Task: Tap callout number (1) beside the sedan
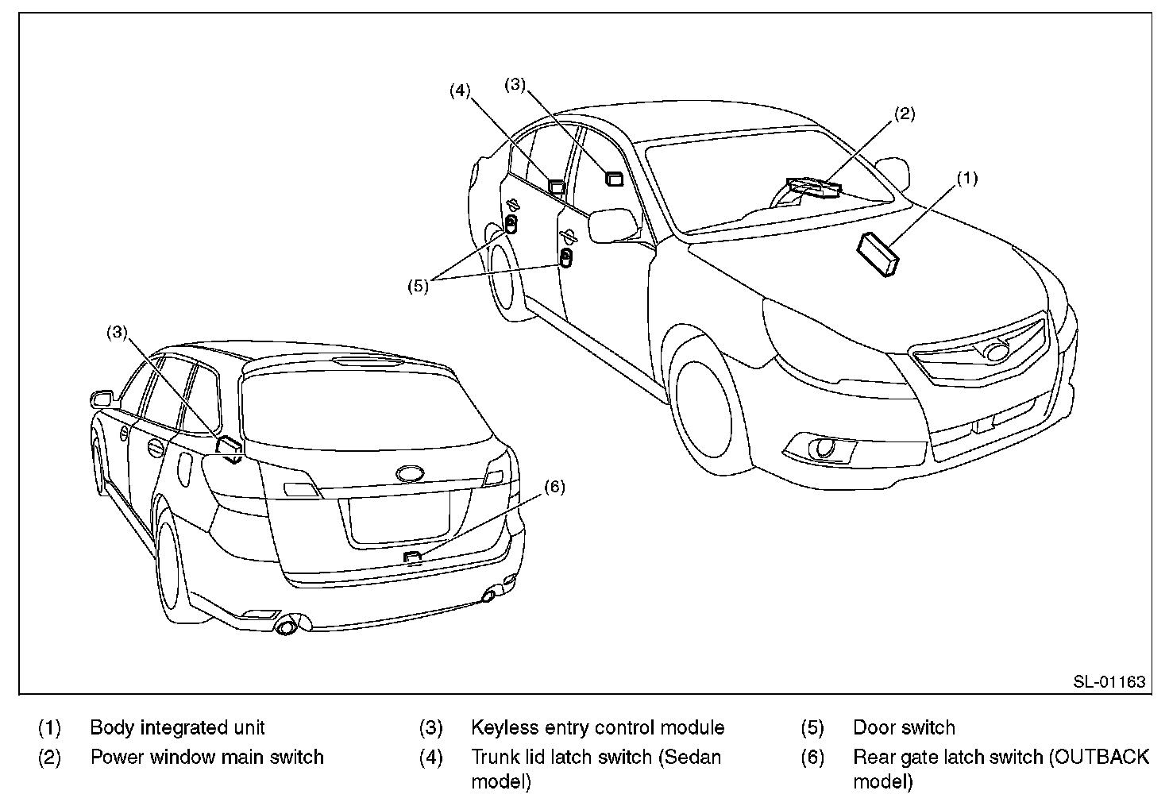tap(966, 179)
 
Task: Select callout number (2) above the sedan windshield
tap(905, 114)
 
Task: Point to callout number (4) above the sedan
tap(460, 91)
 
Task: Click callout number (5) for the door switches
tap(418, 285)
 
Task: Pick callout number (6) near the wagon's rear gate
tap(554, 487)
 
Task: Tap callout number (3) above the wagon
tap(118, 333)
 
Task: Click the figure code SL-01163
tap(1109, 681)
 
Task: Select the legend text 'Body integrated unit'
tap(177, 727)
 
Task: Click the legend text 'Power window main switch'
tap(206, 757)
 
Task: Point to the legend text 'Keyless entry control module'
tap(597, 727)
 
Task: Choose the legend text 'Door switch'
tap(904, 727)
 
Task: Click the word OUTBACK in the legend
tap(1099, 757)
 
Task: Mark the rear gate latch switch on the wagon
tap(411, 556)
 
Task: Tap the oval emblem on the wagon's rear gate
tap(410, 473)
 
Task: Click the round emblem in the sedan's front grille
tap(995, 350)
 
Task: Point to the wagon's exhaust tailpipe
tap(286, 627)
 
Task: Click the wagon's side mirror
tap(101, 398)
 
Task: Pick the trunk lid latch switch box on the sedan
tap(557, 187)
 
